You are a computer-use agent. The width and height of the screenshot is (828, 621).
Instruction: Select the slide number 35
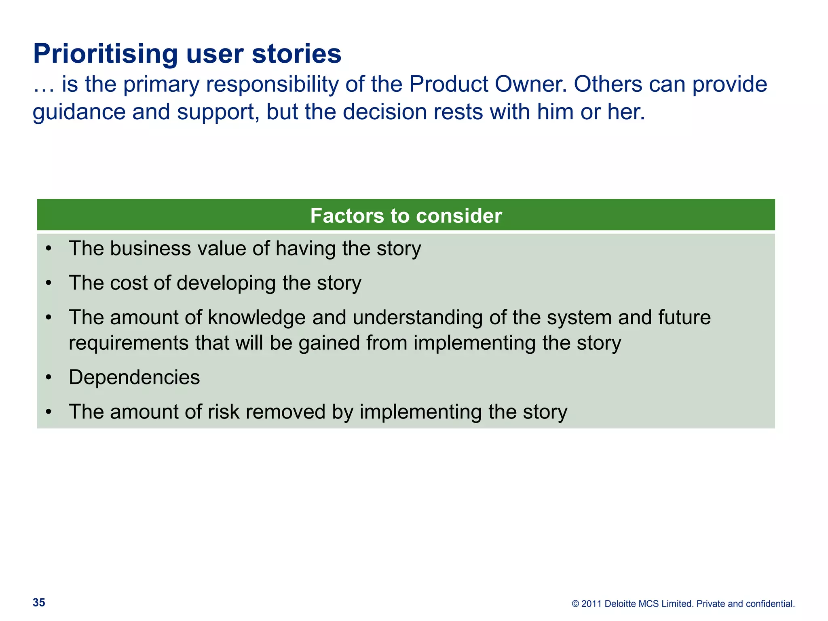click(x=39, y=602)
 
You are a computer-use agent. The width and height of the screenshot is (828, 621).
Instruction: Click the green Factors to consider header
click(x=406, y=215)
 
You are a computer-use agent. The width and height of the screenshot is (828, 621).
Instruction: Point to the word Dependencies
click(x=134, y=377)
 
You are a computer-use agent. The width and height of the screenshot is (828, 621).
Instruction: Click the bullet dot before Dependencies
click(x=49, y=377)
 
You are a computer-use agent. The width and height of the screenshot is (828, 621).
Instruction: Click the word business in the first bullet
click(x=150, y=248)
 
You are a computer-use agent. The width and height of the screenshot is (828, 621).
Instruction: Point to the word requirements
click(x=129, y=343)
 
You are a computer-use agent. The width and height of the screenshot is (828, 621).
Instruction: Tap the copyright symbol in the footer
click(x=575, y=604)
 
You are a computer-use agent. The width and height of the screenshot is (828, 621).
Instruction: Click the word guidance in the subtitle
click(x=79, y=112)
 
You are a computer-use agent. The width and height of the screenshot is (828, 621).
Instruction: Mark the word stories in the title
click(x=296, y=54)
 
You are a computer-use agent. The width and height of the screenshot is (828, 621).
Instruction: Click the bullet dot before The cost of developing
click(x=49, y=283)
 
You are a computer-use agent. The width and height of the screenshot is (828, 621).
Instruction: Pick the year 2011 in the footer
click(x=591, y=604)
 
